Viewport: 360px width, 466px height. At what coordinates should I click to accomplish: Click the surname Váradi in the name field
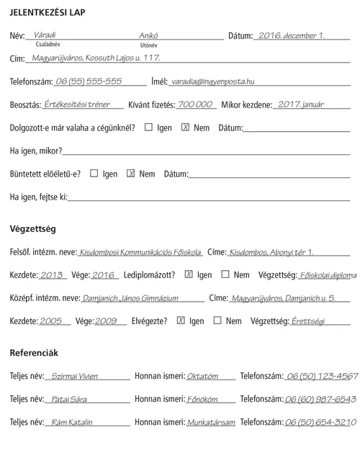[x=45, y=34]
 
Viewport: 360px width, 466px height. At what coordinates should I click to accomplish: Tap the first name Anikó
[x=148, y=35]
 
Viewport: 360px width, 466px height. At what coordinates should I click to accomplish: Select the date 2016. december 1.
[x=291, y=35]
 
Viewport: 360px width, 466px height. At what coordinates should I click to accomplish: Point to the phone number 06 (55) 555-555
[x=89, y=81]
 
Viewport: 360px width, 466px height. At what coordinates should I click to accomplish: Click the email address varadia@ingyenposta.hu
[x=212, y=81]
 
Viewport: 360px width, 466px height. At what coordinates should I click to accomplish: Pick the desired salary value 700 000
[x=196, y=104]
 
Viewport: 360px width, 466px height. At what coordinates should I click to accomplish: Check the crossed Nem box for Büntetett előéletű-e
[x=131, y=174]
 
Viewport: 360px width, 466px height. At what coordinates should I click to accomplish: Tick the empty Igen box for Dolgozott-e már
[x=148, y=127]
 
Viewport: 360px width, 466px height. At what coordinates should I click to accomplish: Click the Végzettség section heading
[x=32, y=229]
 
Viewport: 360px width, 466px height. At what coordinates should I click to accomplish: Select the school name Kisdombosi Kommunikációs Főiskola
[x=140, y=253]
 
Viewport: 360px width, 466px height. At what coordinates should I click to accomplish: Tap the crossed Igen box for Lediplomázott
[x=189, y=274]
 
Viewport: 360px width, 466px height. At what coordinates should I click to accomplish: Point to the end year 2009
[x=105, y=321]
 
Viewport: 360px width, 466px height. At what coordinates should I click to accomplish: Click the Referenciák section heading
[x=34, y=353]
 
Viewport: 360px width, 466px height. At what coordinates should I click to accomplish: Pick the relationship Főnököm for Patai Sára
[x=202, y=399]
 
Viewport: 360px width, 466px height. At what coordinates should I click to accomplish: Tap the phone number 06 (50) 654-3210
[x=320, y=422]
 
